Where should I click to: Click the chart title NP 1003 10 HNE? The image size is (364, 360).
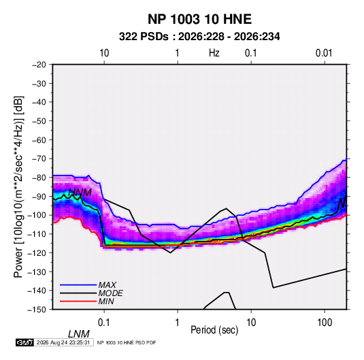click(199, 19)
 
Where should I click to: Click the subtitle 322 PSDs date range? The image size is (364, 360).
click(199, 37)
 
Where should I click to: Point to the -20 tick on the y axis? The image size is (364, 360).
click(39, 65)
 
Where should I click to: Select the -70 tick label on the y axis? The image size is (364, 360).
click(39, 159)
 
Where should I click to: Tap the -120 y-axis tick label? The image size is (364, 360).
click(37, 252)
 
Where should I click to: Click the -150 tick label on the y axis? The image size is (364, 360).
click(37, 310)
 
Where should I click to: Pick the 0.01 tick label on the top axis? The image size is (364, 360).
click(324, 53)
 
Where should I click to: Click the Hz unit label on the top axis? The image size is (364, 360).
click(214, 53)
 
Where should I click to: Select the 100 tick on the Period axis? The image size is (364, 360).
click(325, 323)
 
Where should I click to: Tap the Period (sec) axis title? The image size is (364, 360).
click(214, 330)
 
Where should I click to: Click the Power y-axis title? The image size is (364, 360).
click(18, 187)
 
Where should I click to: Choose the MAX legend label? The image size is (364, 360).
click(107, 285)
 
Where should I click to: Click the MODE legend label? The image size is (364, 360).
click(110, 293)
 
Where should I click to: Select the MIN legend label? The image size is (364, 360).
click(106, 301)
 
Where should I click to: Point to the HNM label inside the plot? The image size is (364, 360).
click(80, 193)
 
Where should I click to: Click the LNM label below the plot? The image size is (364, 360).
click(79, 334)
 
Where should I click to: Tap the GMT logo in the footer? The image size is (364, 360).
click(24, 342)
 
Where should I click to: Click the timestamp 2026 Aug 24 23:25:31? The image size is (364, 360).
click(63, 342)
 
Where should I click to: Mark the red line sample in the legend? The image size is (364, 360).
click(78, 301)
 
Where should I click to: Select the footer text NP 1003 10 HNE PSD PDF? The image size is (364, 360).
click(127, 342)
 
